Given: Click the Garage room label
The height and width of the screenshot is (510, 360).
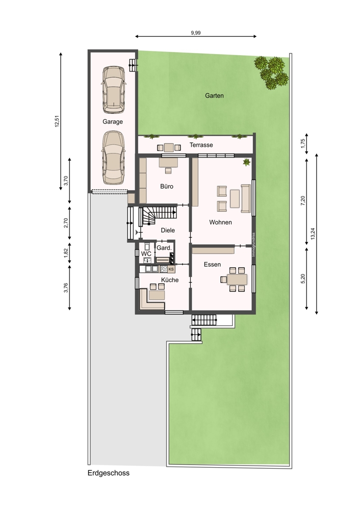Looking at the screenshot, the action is point(113,122).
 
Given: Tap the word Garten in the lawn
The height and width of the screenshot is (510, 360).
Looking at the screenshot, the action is point(214,96).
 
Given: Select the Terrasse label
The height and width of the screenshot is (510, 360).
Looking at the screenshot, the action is point(201,145).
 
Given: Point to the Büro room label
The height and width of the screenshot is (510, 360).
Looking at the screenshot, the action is point(167,186).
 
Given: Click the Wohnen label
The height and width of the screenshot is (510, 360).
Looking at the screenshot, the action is point(220,222).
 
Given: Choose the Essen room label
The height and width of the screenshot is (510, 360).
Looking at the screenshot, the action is point(212,264).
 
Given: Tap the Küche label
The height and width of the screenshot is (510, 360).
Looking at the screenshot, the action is point(170,279).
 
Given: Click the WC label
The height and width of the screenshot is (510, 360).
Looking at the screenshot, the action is point(146,253).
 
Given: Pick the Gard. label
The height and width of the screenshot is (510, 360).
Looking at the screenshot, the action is point(164,248).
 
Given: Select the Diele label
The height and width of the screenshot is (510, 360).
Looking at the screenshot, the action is point(168,231).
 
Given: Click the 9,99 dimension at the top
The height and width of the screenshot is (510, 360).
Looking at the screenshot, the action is point(196,33).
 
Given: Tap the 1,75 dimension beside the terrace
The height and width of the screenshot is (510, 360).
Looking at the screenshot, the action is point(303,143).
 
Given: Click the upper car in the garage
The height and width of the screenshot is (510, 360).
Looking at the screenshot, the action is point(113,90).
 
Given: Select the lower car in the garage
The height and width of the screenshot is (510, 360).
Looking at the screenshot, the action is point(113,158).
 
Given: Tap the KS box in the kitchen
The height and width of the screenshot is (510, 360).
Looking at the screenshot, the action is point(171,269).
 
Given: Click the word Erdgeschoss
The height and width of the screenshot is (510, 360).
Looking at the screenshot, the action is point(109,473).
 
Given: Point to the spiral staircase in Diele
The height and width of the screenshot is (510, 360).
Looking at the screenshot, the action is point(158,216).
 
